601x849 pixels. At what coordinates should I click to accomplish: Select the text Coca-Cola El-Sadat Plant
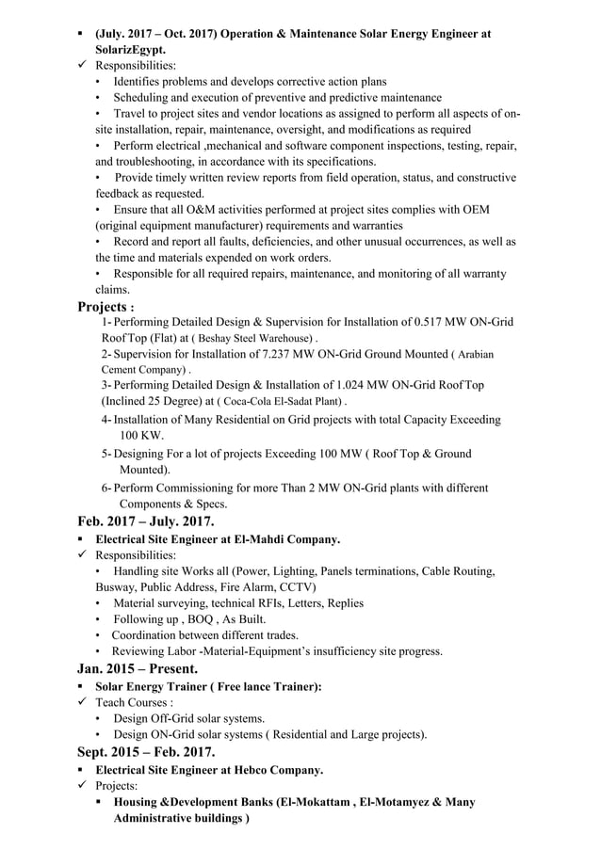pyautogui.click(x=280, y=402)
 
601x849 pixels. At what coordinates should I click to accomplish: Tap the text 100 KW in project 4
pyautogui.click(x=141, y=436)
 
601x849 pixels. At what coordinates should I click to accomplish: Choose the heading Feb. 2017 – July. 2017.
pyautogui.click(x=146, y=521)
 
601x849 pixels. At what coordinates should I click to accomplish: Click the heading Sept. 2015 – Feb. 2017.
pyautogui.click(x=146, y=751)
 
